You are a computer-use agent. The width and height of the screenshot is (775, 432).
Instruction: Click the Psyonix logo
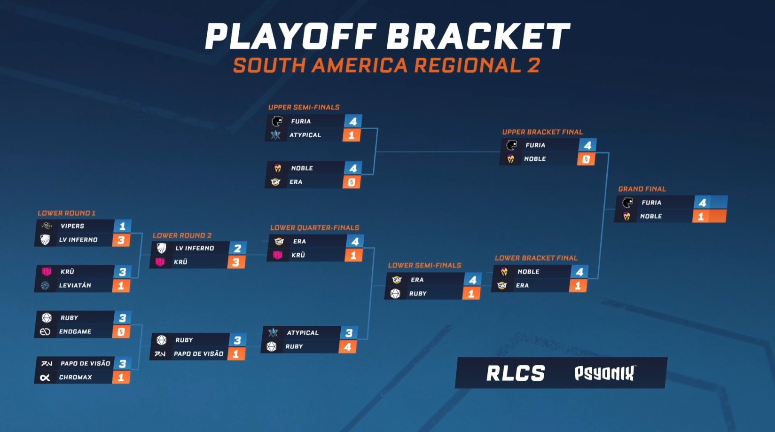click(x=604, y=373)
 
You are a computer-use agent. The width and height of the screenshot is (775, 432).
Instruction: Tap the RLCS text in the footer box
click(x=516, y=373)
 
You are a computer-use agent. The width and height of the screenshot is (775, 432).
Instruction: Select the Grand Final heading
click(x=642, y=189)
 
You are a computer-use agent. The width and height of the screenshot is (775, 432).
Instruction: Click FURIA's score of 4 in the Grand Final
click(x=702, y=203)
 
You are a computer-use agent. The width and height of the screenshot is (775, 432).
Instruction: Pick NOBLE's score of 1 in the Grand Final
click(x=701, y=216)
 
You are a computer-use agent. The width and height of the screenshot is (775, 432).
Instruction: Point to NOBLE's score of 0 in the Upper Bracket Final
click(x=586, y=159)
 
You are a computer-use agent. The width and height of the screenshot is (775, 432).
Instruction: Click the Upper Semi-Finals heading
click(x=304, y=107)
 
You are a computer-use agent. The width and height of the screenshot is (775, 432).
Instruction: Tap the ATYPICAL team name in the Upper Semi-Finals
click(x=305, y=135)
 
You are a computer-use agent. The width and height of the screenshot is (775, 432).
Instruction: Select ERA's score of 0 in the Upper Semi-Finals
click(x=352, y=182)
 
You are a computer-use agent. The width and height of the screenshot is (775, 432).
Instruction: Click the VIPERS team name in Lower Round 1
click(x=72, y=226)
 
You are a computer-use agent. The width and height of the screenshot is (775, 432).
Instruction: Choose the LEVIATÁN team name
click(x=75, y=285)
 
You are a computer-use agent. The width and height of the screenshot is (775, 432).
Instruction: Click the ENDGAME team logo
click(x=45, y=331)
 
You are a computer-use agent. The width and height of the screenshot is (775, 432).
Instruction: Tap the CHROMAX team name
click(x=76, y=377)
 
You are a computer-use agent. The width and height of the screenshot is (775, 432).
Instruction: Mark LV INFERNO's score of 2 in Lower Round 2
click(x=237, y=248)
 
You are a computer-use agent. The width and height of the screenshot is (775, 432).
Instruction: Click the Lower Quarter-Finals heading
click(x=314, y=228)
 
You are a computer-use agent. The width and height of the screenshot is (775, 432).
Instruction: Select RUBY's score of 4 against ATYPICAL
click(x=348, y=347)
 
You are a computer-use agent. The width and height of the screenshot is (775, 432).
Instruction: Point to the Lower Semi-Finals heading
click(x=424, y=265)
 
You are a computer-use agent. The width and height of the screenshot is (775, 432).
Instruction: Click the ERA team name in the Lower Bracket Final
click(x=522, y=285)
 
